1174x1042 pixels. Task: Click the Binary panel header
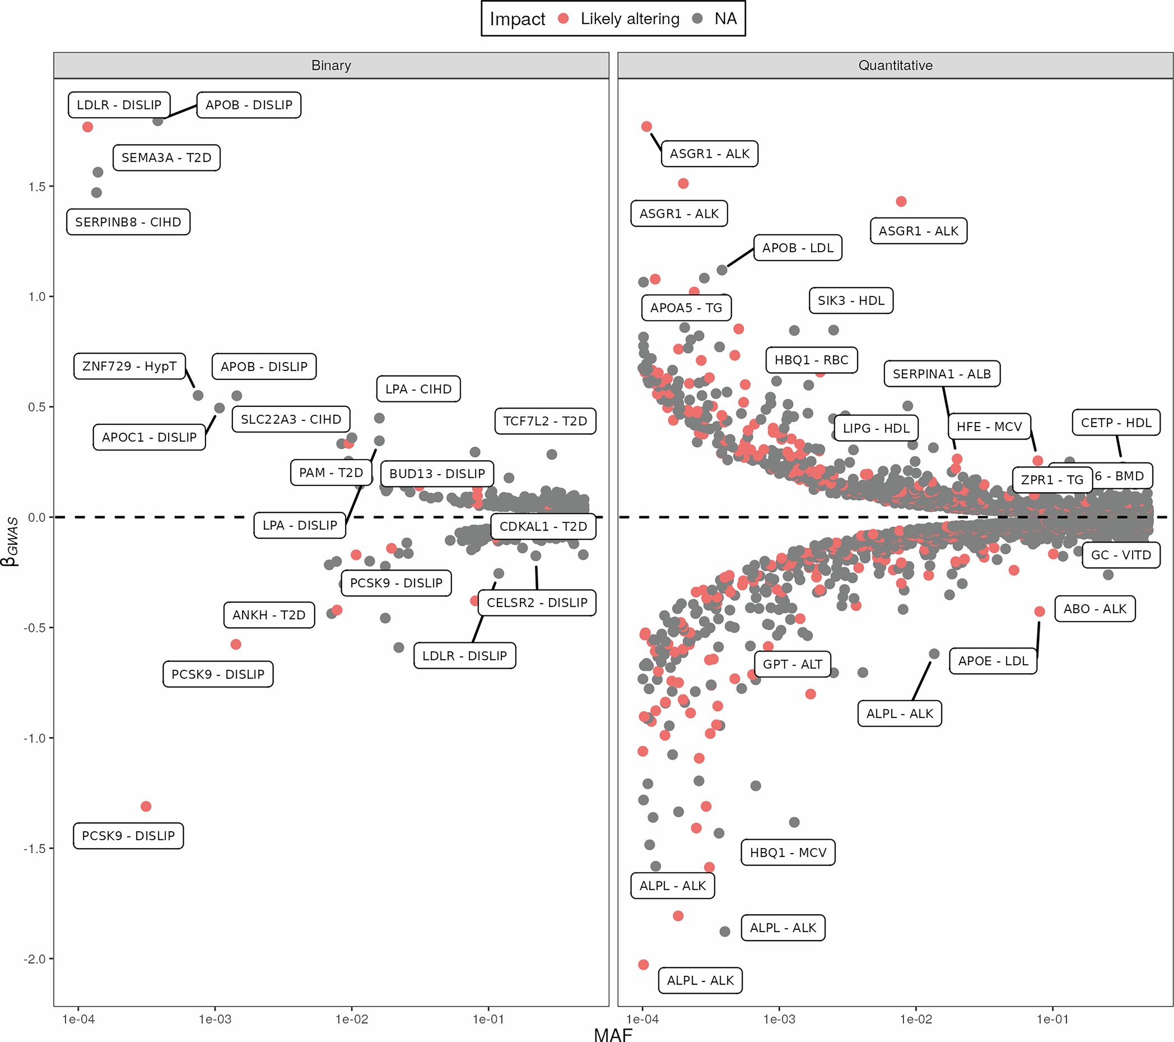click(x=331, y=66)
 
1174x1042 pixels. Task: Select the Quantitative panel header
click(x=895, y=66)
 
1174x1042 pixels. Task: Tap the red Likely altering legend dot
click(x=563, y=19)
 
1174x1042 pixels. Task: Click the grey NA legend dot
click(x=697, y=19)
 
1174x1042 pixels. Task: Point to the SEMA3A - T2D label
click(x=166, y=158)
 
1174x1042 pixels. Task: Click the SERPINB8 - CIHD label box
click(x=128, y=222)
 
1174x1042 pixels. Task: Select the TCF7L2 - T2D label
click(x=545, y=421)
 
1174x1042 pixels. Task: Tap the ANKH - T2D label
click(x=269, y=615)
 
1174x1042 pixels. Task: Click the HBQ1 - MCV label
click(x=788, y=853)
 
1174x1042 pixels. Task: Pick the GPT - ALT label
click(x=792, y=664)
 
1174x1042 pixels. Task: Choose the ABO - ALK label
click(x=1094, y=609)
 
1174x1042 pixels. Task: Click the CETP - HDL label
click(x=1116, y=423)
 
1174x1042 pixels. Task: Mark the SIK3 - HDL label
click(x=851, y=300)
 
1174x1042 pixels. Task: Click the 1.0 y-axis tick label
click(x=38, y=297)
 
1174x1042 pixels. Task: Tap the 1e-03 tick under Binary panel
click(x=215, y=1020)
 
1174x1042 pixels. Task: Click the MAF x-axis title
click(x=613, y=1034)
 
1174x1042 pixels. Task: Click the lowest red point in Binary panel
click(x=146, y=807)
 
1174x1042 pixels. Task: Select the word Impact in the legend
click(x=517, y=19)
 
